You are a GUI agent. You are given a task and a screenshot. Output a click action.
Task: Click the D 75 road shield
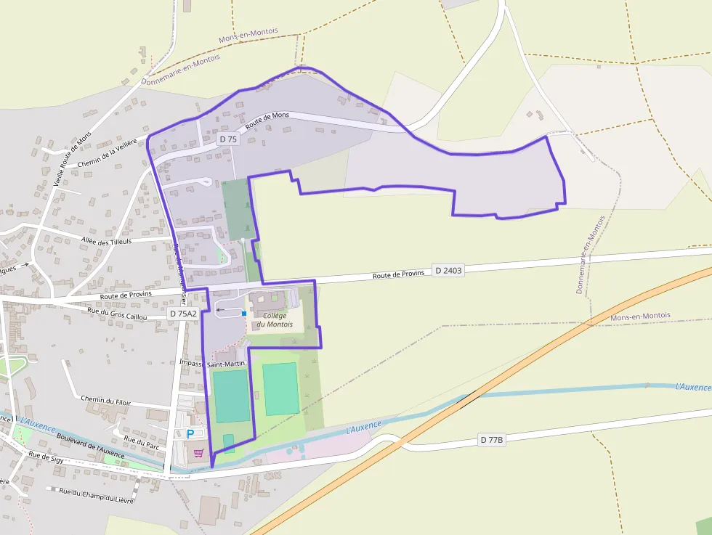[228, 139]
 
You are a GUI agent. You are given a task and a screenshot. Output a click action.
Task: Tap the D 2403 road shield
[448, 270]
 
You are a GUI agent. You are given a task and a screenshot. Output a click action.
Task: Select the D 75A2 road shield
[182, 313]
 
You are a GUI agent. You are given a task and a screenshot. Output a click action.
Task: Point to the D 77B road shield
[492, 440]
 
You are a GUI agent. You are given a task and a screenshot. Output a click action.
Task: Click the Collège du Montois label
[275, 319]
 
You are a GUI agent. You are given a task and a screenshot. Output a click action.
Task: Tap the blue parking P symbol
[191, 433]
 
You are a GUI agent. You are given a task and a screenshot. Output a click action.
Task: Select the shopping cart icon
[198, 453]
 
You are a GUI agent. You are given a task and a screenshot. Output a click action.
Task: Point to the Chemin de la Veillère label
[107, 153]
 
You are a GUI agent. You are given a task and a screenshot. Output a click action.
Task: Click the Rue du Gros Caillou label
[117, 314]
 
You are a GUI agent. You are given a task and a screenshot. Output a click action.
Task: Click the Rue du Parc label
[142, 439]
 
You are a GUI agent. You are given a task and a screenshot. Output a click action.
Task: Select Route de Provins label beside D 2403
[398, 274]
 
